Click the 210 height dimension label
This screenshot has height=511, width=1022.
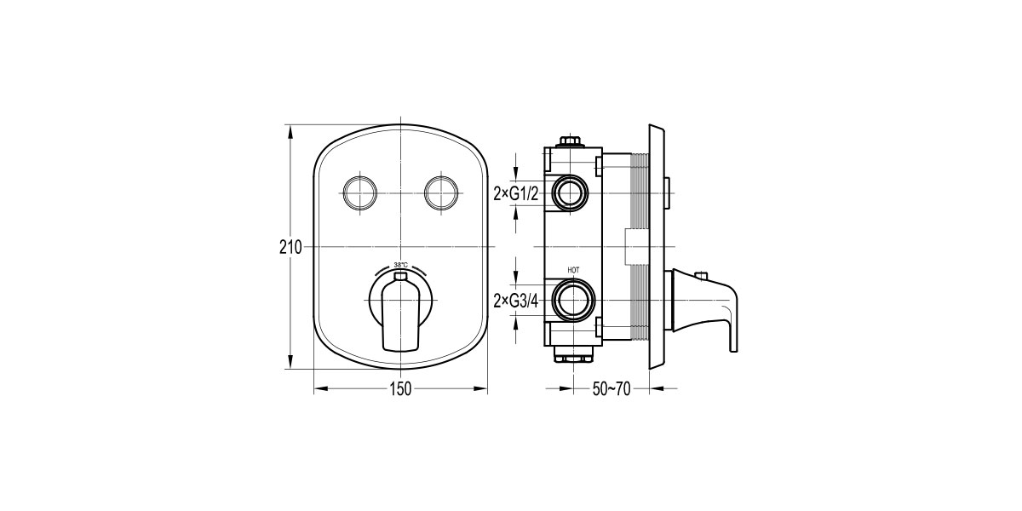click(290, 247)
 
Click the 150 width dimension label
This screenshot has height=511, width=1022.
click(400, 389)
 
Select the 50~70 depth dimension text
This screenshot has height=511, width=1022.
click(611, 389)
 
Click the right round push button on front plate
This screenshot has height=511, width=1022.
click(441, 194)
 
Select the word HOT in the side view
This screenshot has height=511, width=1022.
click(572, 271)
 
